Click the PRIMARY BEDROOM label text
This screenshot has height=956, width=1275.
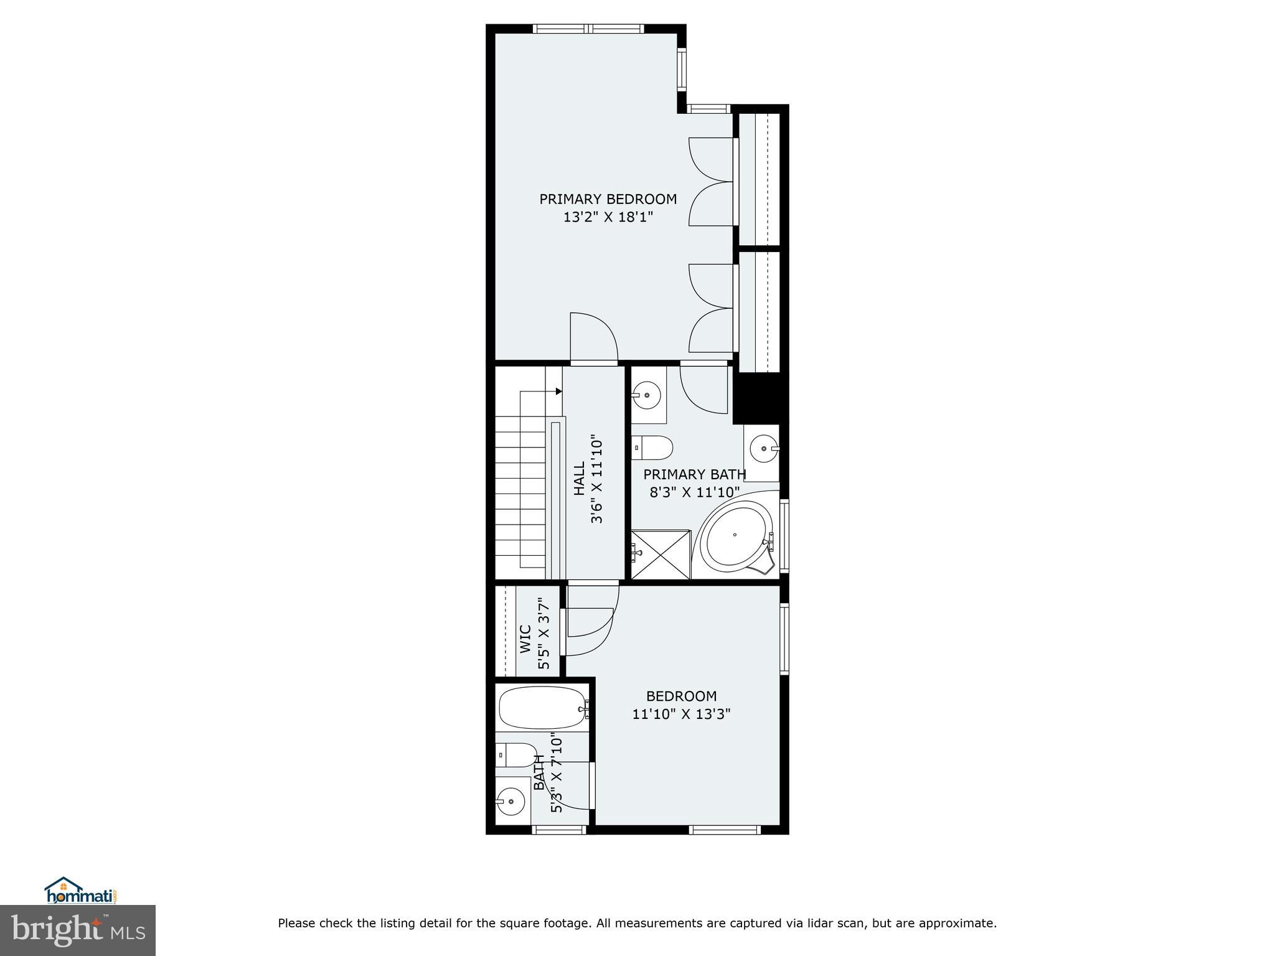click(608, 199)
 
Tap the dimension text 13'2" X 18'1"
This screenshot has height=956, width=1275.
click(608, 217)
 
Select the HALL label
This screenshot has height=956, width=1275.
click(579, 478)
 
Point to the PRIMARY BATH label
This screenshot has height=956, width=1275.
click(694, 474)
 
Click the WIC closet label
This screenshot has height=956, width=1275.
click(525, 639)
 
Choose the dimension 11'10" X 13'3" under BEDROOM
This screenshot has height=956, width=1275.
click(681, 714)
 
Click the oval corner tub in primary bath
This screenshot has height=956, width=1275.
click(736, 535)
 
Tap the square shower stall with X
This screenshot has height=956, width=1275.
click(661, 555)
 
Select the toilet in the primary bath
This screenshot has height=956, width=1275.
click(653, 447)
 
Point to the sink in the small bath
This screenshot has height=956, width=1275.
click(511, 802)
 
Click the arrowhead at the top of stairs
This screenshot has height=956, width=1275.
click(558, 391)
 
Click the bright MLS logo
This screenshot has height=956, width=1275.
click(77, 930)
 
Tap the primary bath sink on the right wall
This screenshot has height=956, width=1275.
click(763, 448)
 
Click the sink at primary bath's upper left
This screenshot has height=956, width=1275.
click(647, 394)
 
